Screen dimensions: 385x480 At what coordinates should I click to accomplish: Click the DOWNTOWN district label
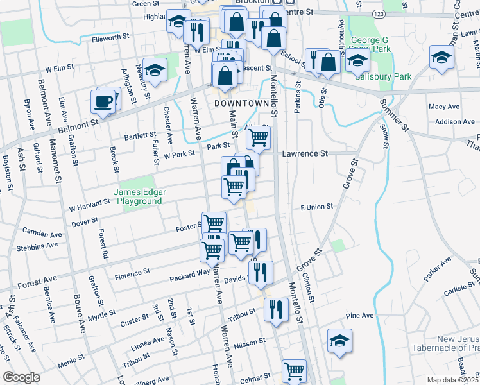pyautogui.click(x=241, y=103)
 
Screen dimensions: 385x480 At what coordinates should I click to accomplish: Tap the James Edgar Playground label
pyautogui.click(x=138, y=196)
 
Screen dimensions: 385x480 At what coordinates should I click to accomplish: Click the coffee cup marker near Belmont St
pyautogui.click(x=103, y=101)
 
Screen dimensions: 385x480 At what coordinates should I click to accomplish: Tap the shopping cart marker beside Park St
pyautogui.click(x=258, y=137)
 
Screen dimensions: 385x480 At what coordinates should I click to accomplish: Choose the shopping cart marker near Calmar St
pyautogui.click(x=294, y=370)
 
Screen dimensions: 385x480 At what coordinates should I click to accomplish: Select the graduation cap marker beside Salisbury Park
pyautogui.click(x=357, y=62)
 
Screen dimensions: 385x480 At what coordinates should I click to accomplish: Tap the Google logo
pyautogui.click(x=21, y=377)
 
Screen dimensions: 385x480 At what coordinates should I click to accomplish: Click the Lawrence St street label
pyautogui.click(x=305, y=154)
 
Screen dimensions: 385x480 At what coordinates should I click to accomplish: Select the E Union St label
pyautogui.click(x=317, y=207)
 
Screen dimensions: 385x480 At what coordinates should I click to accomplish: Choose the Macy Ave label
pyautogui.click(x=444, y=107)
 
